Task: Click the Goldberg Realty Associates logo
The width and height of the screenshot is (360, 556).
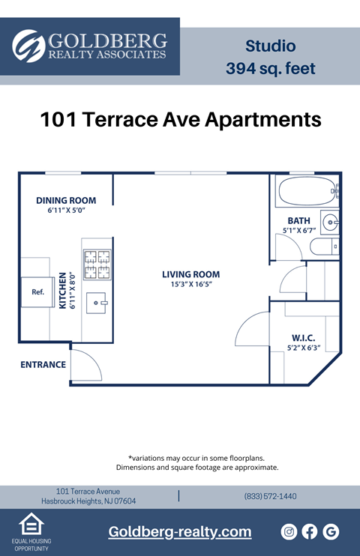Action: click(90, 46)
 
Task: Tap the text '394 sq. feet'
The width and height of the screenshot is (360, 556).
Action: click(270, 69)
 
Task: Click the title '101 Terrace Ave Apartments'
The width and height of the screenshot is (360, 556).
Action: click(180, 119)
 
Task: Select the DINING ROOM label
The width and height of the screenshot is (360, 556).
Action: click(66, 200)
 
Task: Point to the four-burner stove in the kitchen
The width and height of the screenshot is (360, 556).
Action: click(97, 265)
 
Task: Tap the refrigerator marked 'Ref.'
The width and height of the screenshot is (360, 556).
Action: click(37, 292)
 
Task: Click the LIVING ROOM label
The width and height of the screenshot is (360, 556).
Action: click(190, 274)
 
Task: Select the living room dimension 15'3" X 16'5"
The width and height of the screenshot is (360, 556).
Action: click(190, 285)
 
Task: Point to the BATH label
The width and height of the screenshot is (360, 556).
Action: click(298, 220)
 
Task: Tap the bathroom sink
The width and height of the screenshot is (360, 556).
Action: click(330, 222)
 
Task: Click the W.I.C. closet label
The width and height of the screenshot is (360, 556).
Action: click(303, 337)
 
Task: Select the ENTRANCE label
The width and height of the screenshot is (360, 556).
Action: click(43, 365)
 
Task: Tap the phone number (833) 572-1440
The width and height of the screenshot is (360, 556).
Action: click(270, 496)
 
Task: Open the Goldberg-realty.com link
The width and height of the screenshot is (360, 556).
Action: click(180, 532)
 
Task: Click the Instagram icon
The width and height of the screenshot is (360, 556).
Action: click(289, 532)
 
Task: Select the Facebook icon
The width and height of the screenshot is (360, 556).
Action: click(310, 532)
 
